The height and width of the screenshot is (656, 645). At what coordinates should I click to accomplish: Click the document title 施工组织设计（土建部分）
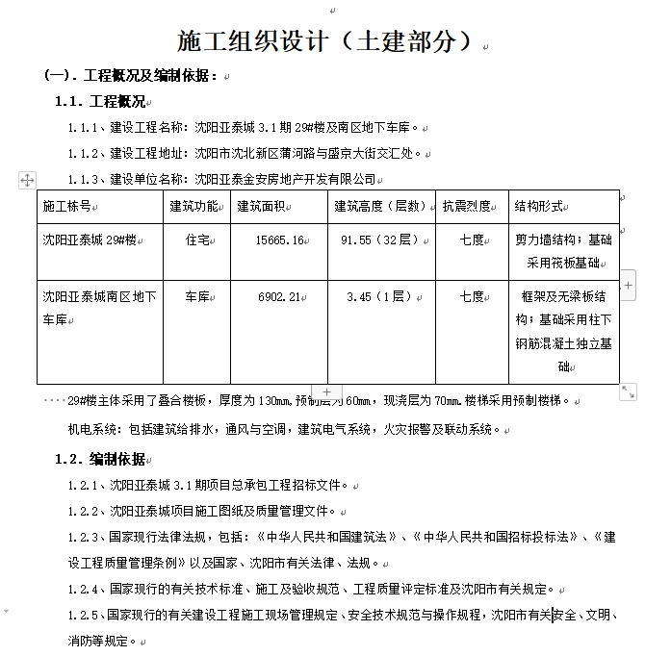tap(325, 41)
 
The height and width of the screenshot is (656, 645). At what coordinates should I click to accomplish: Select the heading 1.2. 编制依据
tap(100, 458)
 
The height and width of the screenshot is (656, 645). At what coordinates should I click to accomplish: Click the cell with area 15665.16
tap(280, 240)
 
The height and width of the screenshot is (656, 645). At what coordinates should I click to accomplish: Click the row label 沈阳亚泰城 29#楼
tap(90, 240)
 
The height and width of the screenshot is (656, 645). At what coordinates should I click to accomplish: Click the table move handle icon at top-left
tap(27, 180)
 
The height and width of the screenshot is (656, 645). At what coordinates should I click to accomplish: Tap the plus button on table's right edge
tap(628, 285)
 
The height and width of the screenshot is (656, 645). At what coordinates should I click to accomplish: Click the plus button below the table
tap(326, 391)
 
